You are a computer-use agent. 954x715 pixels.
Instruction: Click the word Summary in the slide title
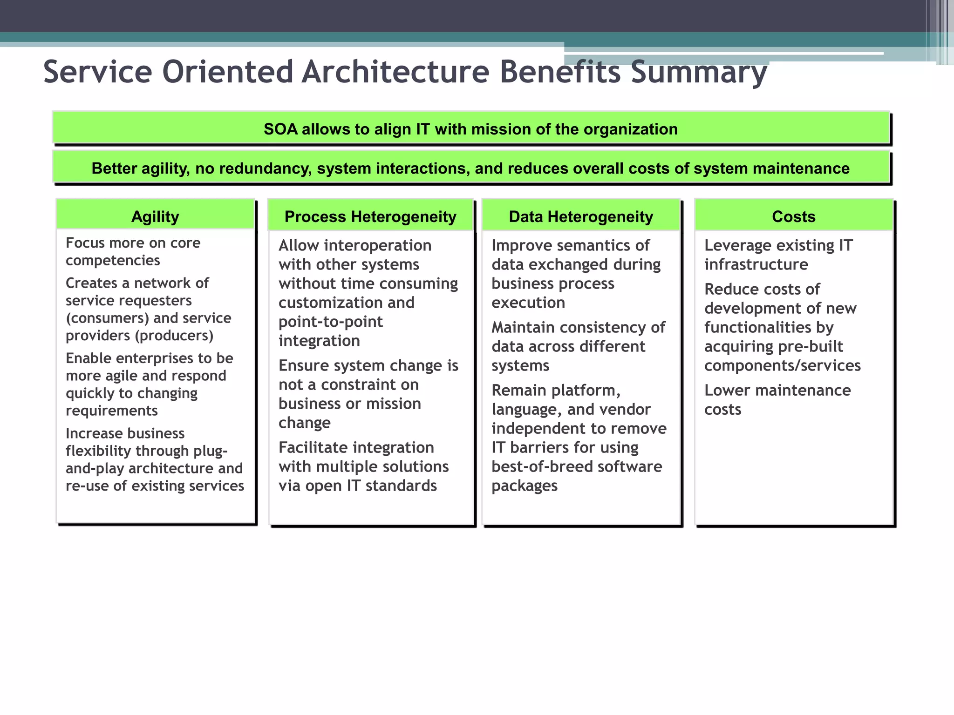tap(698, 73)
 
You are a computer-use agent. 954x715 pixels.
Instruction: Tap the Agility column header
tap(155, 216)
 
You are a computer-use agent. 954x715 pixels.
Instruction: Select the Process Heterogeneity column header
tap(370, 216)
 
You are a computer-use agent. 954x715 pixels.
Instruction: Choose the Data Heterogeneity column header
tap(581, 216)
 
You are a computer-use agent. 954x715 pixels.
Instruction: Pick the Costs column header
tap(793, 216)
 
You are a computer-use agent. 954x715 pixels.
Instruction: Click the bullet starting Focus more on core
tap(133, 251)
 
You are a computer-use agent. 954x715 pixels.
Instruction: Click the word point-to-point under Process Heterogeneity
tap(330, 322)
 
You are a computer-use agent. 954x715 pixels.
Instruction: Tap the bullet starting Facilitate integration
tap(363, 466)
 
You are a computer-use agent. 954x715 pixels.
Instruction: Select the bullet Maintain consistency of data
tap(578, 346)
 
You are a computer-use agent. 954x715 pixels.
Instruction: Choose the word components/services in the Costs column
tap(782, 366)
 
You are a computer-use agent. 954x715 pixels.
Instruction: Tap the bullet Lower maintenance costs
tap(777, 399)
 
